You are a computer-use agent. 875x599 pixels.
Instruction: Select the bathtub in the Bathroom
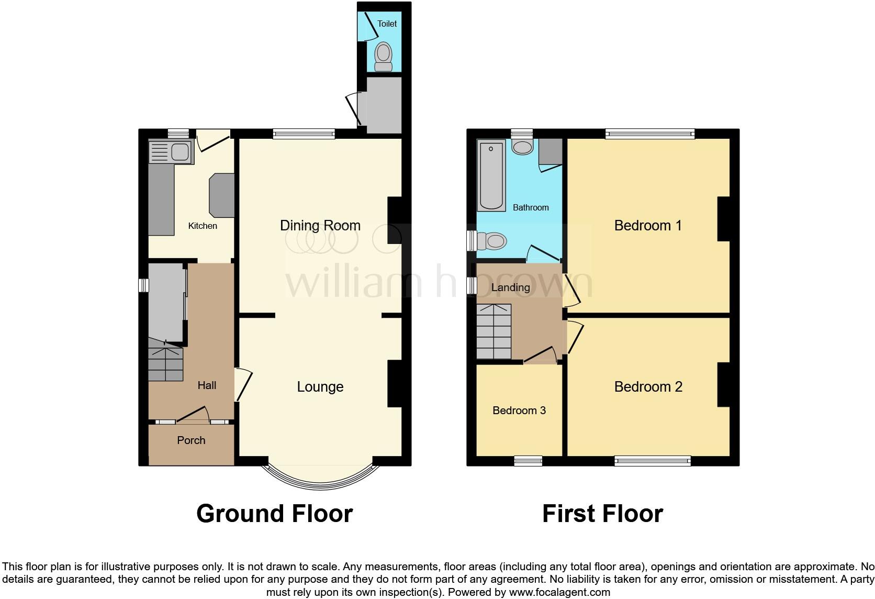tap(491, 175)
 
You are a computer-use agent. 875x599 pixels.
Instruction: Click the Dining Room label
tap(320, 226)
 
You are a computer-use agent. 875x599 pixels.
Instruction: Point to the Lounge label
tap(320, 387)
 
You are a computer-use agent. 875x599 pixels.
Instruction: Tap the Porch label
tap(191, 440)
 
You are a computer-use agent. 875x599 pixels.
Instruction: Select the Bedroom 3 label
tap(519, 411)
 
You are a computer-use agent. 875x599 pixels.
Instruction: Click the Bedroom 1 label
tap(647, 226)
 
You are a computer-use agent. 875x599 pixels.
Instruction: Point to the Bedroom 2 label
tap(648, 387)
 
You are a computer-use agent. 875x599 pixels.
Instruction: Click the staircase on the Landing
tap(493, 332)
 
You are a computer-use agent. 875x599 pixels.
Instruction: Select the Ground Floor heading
tap(274, 514)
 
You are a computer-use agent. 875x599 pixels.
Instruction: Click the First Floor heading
tap(602, 514)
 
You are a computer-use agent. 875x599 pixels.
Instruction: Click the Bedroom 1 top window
tap(650, 134)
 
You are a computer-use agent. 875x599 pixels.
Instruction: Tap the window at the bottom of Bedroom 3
tap(528, 461)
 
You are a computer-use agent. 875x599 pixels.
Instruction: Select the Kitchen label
tap(203, 226)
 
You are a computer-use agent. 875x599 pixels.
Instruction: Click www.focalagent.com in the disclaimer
tap(559, 593)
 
